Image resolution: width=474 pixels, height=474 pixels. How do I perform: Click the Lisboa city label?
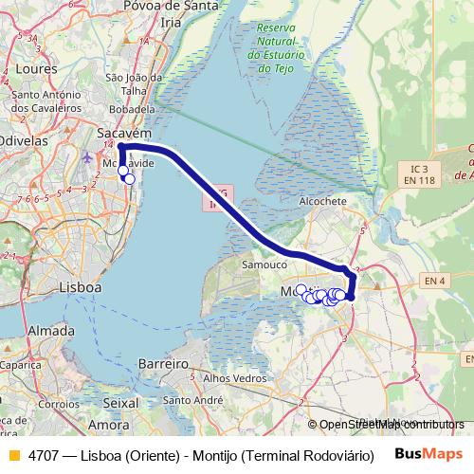click(80, 285)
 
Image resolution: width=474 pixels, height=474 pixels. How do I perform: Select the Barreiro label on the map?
click(163, 364)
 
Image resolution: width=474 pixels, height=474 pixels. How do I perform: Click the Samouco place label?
click(264, 265)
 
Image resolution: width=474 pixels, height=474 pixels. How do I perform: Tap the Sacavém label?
click(124, 137)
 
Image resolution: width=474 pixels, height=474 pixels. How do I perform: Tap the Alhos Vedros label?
click(230, 377)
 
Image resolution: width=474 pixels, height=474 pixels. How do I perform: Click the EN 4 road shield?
click(435, 281)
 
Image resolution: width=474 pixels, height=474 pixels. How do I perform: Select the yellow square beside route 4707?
click(13, 454)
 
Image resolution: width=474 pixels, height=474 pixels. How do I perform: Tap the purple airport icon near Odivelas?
click(89, 156)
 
